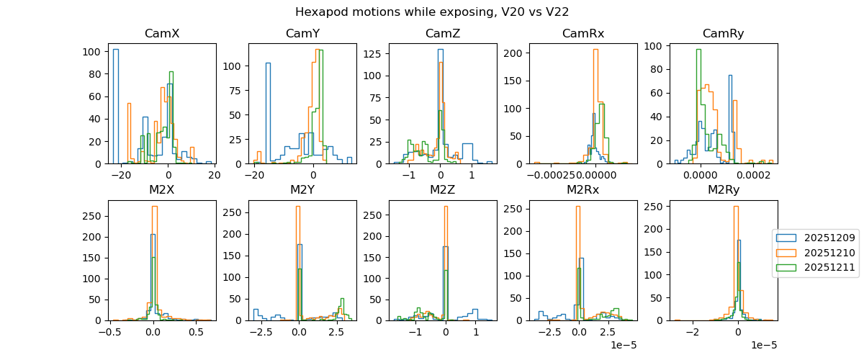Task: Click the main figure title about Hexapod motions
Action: tap(432, 12)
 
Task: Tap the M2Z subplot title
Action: tap(443, 190)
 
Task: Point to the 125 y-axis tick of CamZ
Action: tap(376, 55)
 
